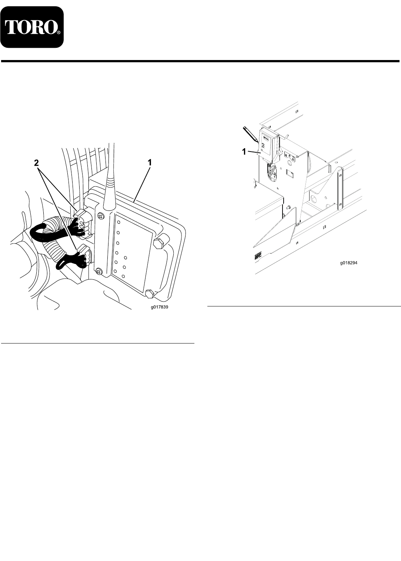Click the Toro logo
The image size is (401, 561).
coord(32,27)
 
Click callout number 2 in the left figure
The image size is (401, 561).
coord(37,163)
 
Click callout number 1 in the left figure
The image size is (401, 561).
coord(150,163)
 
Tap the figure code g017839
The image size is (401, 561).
coord(160,307)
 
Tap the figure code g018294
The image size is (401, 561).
coord(348,263)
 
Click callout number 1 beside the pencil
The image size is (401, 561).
coord(244,152)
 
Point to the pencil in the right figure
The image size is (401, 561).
coord(251,135)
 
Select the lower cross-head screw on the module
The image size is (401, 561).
coord(99,271)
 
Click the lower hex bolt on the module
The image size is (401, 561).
coord(150,293)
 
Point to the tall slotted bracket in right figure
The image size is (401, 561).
coord(340,188)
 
